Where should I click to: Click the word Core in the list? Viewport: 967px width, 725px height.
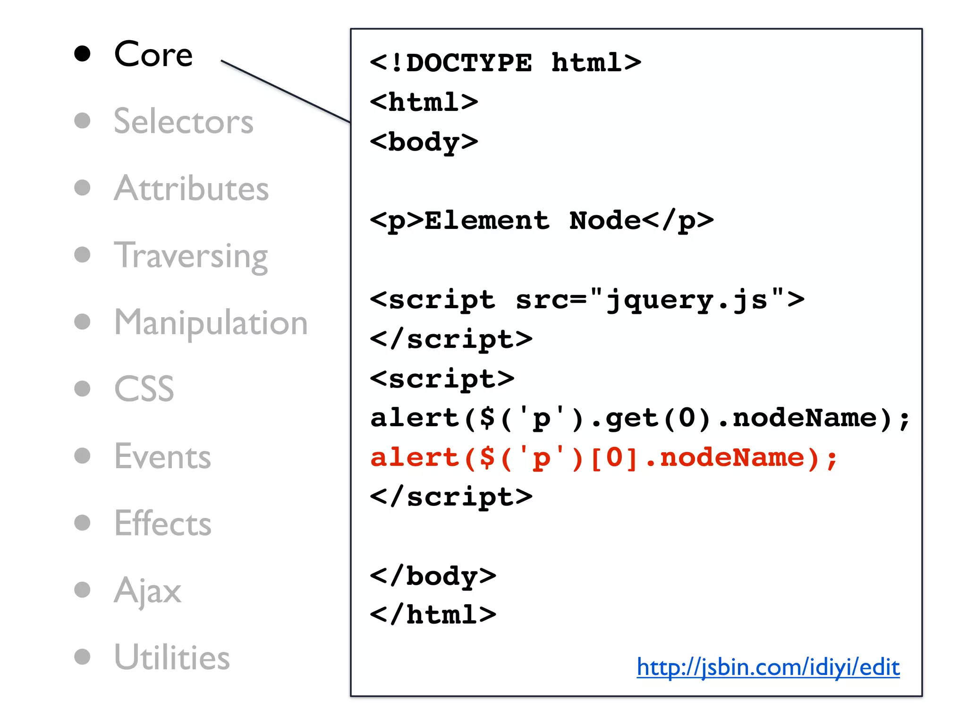(x=153, y=54)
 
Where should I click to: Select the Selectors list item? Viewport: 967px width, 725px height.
(x=184, y=121)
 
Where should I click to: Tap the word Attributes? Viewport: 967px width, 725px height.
(x=191, y=188)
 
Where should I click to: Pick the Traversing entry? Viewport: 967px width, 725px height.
(x=191, y=255)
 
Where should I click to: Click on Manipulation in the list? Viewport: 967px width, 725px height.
(x=211, y=322)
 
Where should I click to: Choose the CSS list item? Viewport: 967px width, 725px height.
(x=144, y=389)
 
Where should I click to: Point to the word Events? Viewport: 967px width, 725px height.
(x=162, y=456)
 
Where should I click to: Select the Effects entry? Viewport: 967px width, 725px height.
(x=163, y=523)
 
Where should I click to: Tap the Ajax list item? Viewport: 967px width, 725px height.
(x=147, y=590)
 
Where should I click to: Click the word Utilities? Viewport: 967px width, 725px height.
(x=172, y=658)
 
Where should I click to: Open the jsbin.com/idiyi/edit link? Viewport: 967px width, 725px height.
(x=768, y=667)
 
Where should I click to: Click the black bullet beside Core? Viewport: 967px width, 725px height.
(x=82, y=54)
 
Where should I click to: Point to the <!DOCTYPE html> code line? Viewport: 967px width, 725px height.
(x=505, y=63)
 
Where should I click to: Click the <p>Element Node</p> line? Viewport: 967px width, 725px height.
(x=541, y=221)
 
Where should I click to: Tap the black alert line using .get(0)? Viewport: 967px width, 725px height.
(x=639, y=418)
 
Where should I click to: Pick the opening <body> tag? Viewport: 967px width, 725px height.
(x=424, y=142)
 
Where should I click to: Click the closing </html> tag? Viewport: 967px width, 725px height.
(x=433, y=615)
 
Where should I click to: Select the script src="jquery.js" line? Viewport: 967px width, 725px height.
(x=587, y=300)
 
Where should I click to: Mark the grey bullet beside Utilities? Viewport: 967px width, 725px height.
(x=82, y=657)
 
